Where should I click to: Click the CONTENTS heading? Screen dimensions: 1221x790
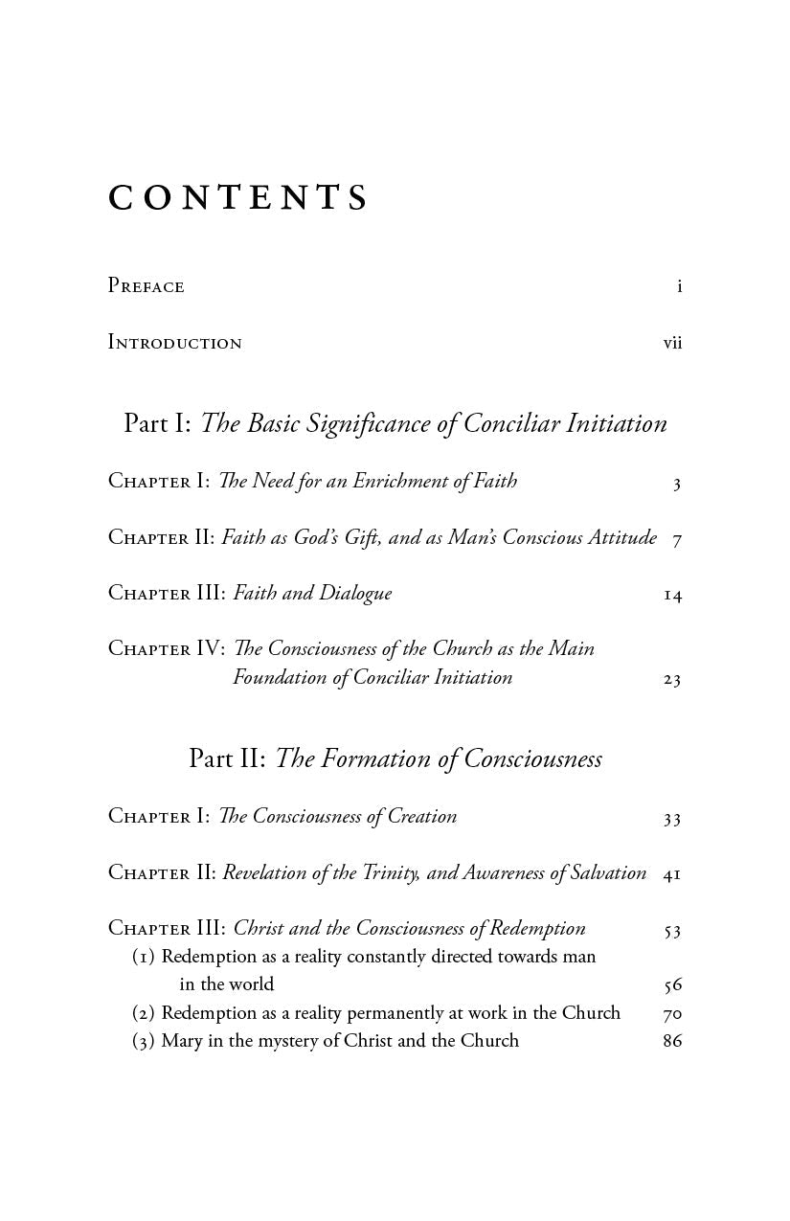coord(238,197)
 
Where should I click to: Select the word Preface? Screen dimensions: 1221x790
coord(146,286)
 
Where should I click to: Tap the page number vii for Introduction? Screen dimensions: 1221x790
coord(672,343)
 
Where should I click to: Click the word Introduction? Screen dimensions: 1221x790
coord(174,343)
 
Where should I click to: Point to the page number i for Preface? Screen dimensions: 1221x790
coord(679,286)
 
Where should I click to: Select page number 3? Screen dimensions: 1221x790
coord(676,484)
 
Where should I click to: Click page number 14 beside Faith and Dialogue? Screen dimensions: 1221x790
coord(672,596)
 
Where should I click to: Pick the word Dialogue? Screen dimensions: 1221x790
coord(355,594)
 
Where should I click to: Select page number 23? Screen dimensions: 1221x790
coord(671,680)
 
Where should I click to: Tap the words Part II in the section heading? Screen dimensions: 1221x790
coord(226,759)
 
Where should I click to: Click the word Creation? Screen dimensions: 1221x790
coord(422,816)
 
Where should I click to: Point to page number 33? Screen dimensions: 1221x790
coord(671,819)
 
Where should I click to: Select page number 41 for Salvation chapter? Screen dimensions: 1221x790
coord(671,874)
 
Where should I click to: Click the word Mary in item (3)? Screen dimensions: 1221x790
coord(181,1041)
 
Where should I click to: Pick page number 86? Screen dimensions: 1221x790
coord(672,1041)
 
